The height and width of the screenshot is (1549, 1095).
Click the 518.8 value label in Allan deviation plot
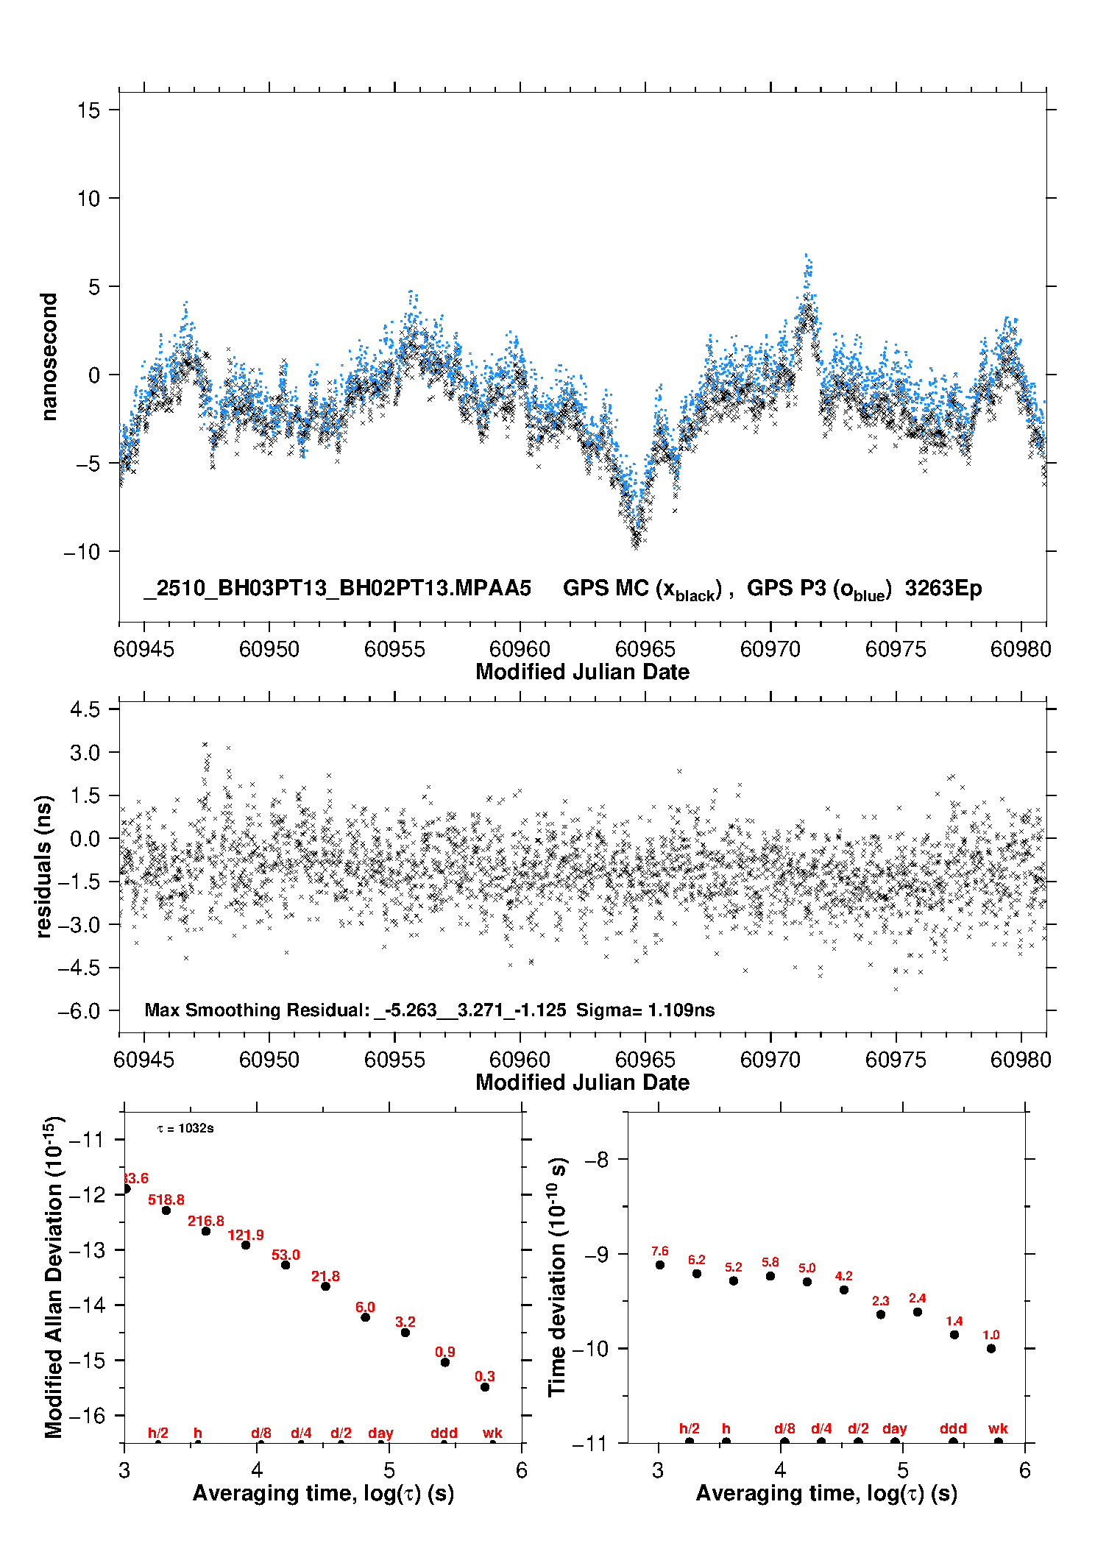(x=166, y=1200)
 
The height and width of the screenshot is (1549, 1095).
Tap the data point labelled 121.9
(x=246, y=1245)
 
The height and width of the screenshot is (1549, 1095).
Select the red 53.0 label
(x=286, y=1255)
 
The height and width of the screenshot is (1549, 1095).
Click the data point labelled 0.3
(x=485, y=1387)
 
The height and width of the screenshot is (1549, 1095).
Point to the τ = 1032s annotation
(x=185, y=1129)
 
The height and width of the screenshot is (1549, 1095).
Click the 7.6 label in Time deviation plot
(x=659, y=1251)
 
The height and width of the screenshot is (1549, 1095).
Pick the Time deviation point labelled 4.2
(x=844, y=1289)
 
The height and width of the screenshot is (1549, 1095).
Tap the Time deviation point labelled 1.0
(x=991, y=1348)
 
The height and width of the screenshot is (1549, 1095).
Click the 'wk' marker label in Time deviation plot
(x=998, y=1428)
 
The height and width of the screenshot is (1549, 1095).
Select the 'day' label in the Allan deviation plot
(x=380, y=1433)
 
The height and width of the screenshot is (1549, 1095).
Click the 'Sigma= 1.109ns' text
(x=645, y=1010)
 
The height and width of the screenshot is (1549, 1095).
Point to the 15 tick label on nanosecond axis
(x=88, y=110)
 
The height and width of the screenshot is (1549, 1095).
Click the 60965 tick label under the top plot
(x=645, y=649)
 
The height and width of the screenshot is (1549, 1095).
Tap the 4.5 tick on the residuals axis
(x=85, y=709)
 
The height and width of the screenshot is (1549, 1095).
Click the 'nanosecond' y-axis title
(x=49, y=357)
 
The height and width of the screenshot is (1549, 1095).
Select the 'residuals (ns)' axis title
(x=44, y=866)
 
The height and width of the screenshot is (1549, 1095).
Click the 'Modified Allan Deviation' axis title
(x=54, y=1277)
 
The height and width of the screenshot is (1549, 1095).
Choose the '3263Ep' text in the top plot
(x=943, y=589)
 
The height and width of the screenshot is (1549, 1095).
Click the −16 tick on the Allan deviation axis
(x=86, y=1415)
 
